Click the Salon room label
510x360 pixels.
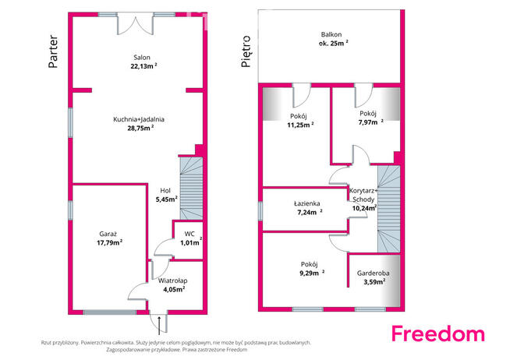pyautogui.click(x=142, y=58)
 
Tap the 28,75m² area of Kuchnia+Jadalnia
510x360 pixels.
pyautogui.click(x=140, y=128)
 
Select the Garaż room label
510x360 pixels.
pyautogui.click(x=108, y=234)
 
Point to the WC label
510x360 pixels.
pyautogui.click(x=189, y=234)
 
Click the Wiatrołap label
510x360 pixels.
pyautogui.click(x=172, y=281)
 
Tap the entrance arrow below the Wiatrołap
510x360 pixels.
pyautogui.click(x=159, y=326)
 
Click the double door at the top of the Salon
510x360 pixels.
pyautogui.click(x=135, y=24)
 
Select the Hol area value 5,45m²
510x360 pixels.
pyautogui.click(x=167, y=199)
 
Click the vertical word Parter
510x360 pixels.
pyautogui.click(x=53, y=51)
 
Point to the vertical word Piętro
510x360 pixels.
pyautogui.click(x=246, y=51)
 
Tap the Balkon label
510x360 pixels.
pyautogui.click(x=331, y=34)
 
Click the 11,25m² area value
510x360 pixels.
pyautogui.click(x=300, y=125)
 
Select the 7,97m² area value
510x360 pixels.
pyautogui.click(x=370, y=122)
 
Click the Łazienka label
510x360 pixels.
pyautogui.click(x=306, y=203)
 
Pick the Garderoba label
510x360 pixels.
pyautogui.click(x=373, y=274)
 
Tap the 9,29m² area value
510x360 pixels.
pyautogui.click(x=312, y=273)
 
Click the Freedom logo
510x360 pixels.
pyautogui.click(x=437, y=334)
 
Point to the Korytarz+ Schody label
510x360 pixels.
pyautogui.click(x=363, y=195)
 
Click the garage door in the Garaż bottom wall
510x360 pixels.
pyautogui.click(x=110, y=312)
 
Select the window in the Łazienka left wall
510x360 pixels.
pyautogui.click(x=260, y=211)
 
